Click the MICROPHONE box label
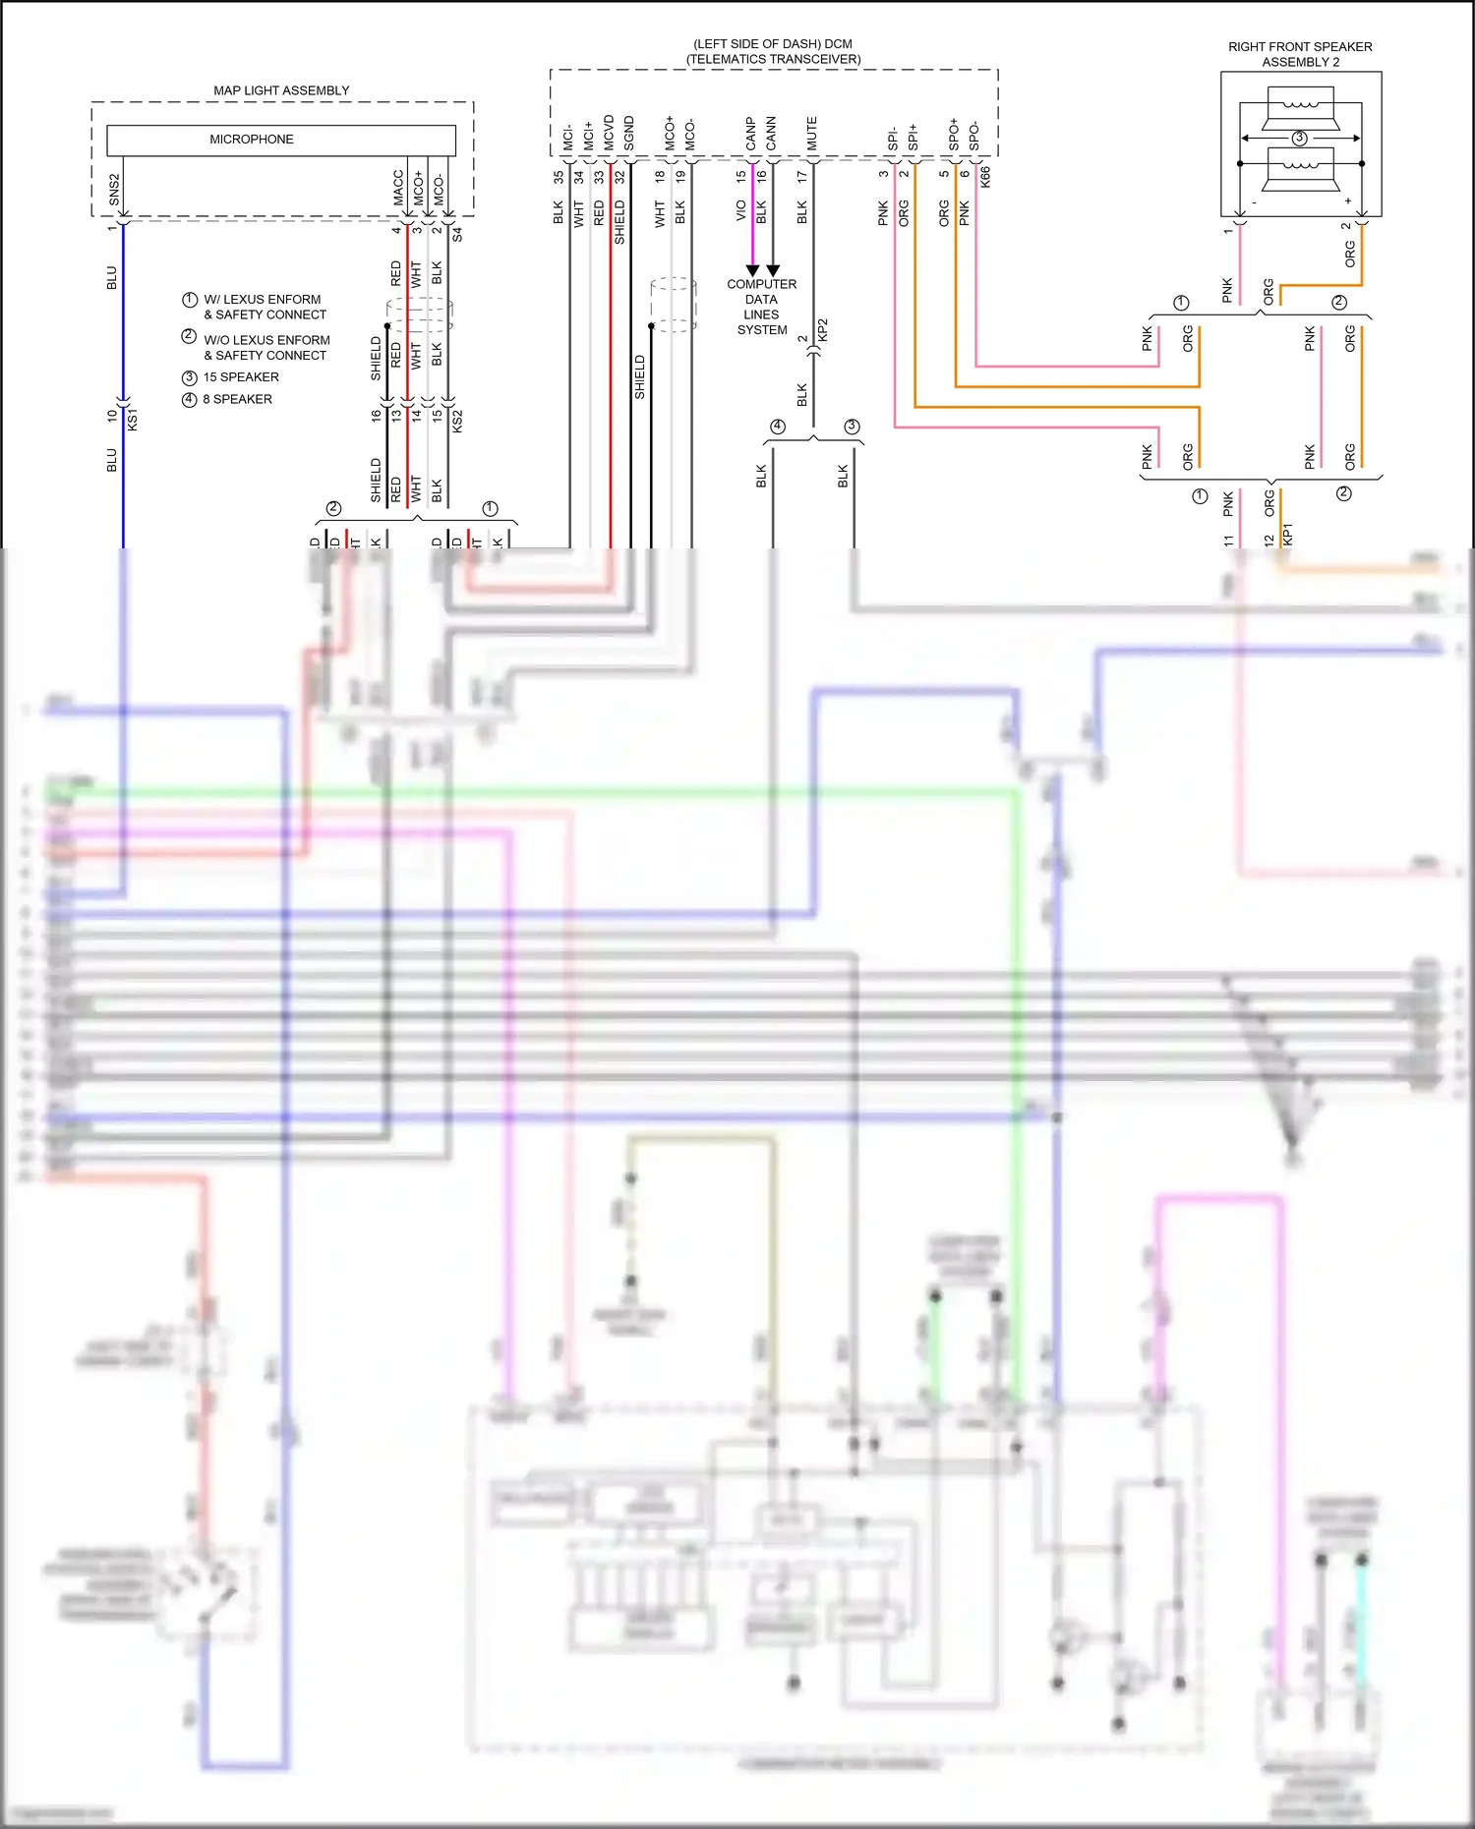[251, 140]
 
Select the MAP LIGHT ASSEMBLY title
[281, 90]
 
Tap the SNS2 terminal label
[114, 190]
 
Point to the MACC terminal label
[398, 188]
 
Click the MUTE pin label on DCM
[812, 134]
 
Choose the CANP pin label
[751, 134]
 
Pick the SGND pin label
[629, 134]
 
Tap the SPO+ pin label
[954, 135]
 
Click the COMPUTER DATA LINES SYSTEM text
[762, 307]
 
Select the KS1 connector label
[133, 419]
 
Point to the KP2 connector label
[823, 330]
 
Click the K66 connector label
[985, 177]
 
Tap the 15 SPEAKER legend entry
[241, 377]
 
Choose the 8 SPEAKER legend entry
[237, 399]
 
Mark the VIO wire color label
[741, 210]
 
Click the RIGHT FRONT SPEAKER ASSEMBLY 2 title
[1300, 54]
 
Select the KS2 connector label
[457, 422]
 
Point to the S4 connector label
[457, 235]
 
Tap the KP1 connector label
[1288, 534]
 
